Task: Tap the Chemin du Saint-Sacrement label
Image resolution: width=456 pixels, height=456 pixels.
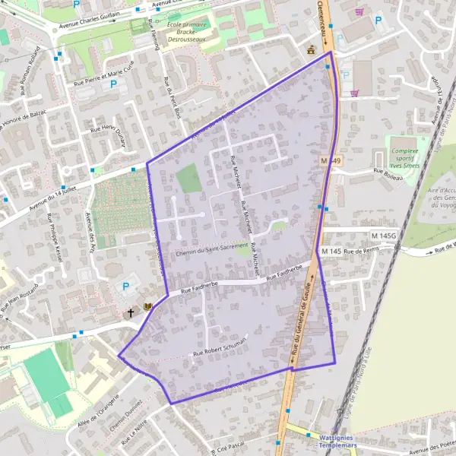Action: click(211, 249)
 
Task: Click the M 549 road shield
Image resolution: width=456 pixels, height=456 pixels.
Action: click(331, 161)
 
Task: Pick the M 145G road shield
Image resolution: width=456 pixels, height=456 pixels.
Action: click(385, 236)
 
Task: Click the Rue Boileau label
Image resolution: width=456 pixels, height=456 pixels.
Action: click(387, 172)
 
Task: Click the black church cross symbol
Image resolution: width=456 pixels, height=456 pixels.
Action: click(131, 312)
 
